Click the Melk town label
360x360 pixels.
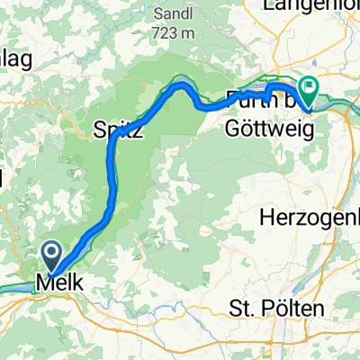[x=60, y=283]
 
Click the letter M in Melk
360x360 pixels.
[x=43, y=283]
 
